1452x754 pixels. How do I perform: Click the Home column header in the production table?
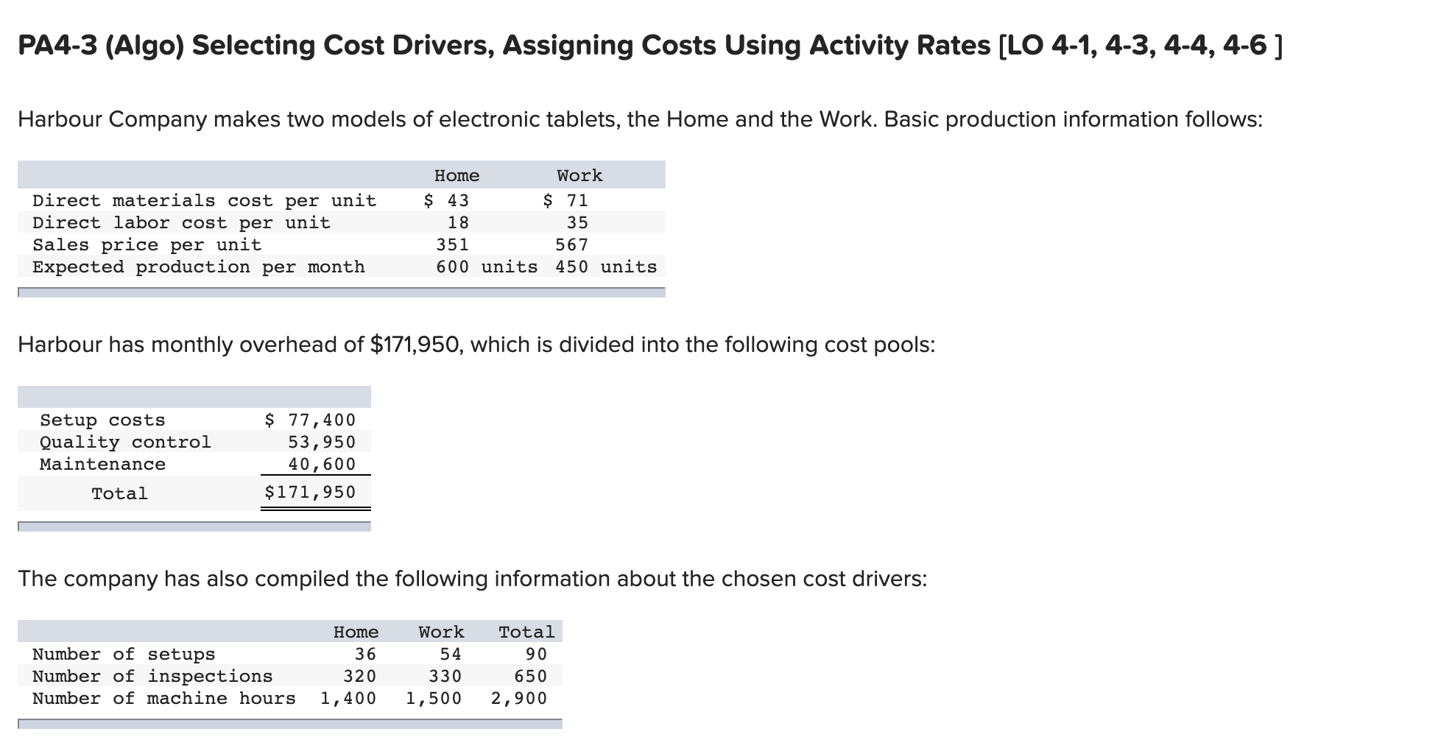tap(457, 176)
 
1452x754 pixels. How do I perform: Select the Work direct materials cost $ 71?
tap(565, 200)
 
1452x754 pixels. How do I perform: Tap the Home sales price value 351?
tap(452, 244)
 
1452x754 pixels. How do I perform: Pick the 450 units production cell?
tap(606, 267)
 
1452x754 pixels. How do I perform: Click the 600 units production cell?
tap(487, 267)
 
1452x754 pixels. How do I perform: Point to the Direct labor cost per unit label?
tap(181, 222)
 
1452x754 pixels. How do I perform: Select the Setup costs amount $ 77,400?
tap(310, 420)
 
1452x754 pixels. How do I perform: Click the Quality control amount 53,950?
tap(321, 442)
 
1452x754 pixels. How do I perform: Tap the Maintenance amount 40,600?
tap(321, 464)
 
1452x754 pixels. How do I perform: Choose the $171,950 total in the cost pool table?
tap(310, 492)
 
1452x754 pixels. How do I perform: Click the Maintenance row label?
tap(102, 464)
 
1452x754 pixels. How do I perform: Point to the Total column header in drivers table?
tap(526, 632)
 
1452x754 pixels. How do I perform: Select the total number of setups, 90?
tap(536, 654)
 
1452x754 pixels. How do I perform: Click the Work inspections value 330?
tap(445, 676)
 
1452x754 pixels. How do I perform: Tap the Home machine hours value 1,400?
tap(348, 698)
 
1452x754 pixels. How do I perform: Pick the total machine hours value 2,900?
tap(519, 698)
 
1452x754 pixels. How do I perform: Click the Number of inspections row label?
tap(152, 676)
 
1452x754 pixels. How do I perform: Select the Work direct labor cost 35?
tap(577, 222)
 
